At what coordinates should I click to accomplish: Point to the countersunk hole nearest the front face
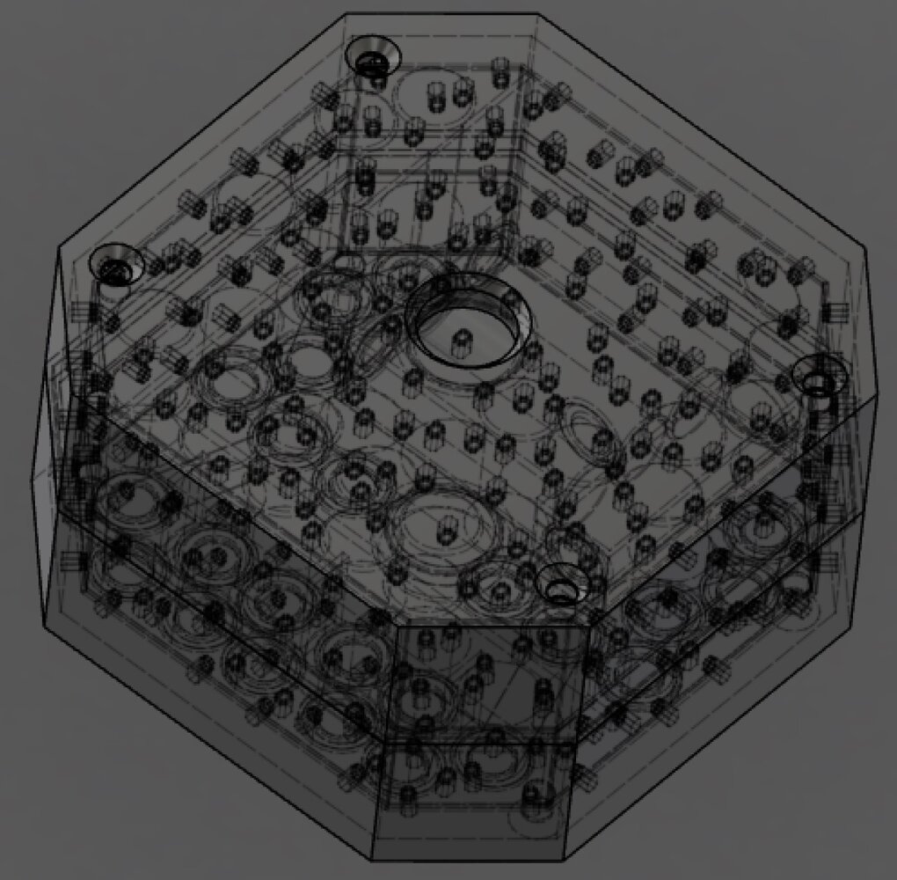(x=562, y=584)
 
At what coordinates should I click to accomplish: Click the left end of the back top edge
(x=346, y=13)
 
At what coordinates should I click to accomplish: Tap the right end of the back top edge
(x=538, y=13)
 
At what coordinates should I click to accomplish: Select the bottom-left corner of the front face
(x=374, y=858)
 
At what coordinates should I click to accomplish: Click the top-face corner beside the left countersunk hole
(x=58, y=247)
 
